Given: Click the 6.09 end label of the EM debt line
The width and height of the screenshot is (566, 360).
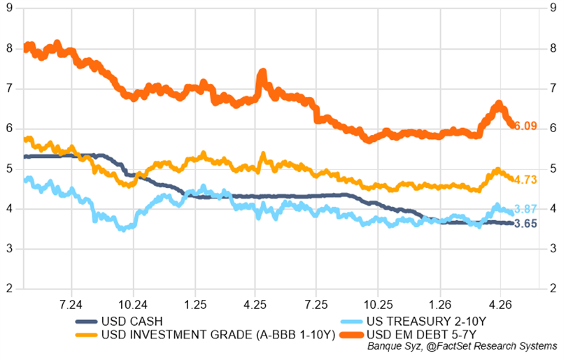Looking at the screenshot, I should [525, 127].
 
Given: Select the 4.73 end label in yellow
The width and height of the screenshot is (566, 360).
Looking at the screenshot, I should [525, 180].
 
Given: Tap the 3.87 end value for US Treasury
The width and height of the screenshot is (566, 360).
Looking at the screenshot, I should [525, 209].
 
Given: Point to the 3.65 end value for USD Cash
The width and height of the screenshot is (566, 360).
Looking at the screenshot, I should [525, 224].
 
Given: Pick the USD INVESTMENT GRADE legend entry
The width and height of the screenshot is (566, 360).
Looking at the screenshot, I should [218, 334].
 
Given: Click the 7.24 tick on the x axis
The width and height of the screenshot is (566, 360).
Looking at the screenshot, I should [72, 304].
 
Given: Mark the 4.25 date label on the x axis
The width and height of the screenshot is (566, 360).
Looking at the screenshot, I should [255, 304].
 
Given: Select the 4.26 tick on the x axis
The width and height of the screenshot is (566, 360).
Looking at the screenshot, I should [500, 304].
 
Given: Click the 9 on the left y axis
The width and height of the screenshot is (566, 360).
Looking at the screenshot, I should [10, 8].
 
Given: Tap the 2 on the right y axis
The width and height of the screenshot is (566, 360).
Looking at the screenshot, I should [552, 289].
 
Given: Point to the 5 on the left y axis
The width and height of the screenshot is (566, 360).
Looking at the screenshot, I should [10, 168].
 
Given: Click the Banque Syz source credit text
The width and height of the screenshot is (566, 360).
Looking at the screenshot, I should [462, 346].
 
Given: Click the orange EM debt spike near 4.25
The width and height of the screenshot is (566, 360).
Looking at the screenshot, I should [262, 73].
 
